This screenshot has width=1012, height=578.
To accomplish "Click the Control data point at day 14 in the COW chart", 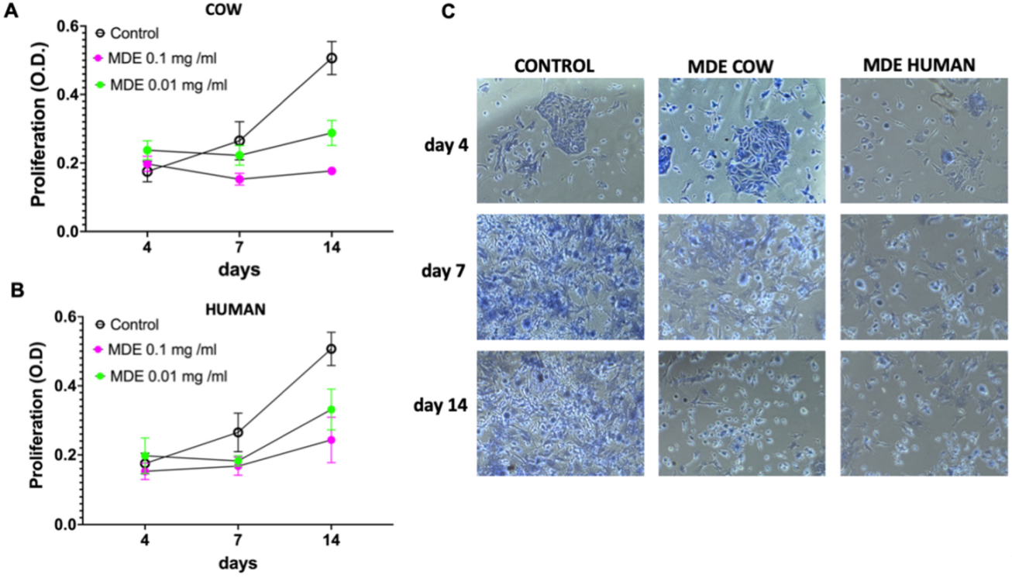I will pos(332,58).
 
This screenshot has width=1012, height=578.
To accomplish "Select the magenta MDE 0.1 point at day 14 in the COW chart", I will pos(332,170).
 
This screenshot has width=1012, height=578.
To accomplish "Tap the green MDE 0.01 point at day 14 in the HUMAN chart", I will pos(332,410).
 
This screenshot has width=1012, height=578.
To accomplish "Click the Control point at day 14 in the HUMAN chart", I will pos(332,349).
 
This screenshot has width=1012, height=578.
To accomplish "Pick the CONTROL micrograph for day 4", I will pos(559,140).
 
